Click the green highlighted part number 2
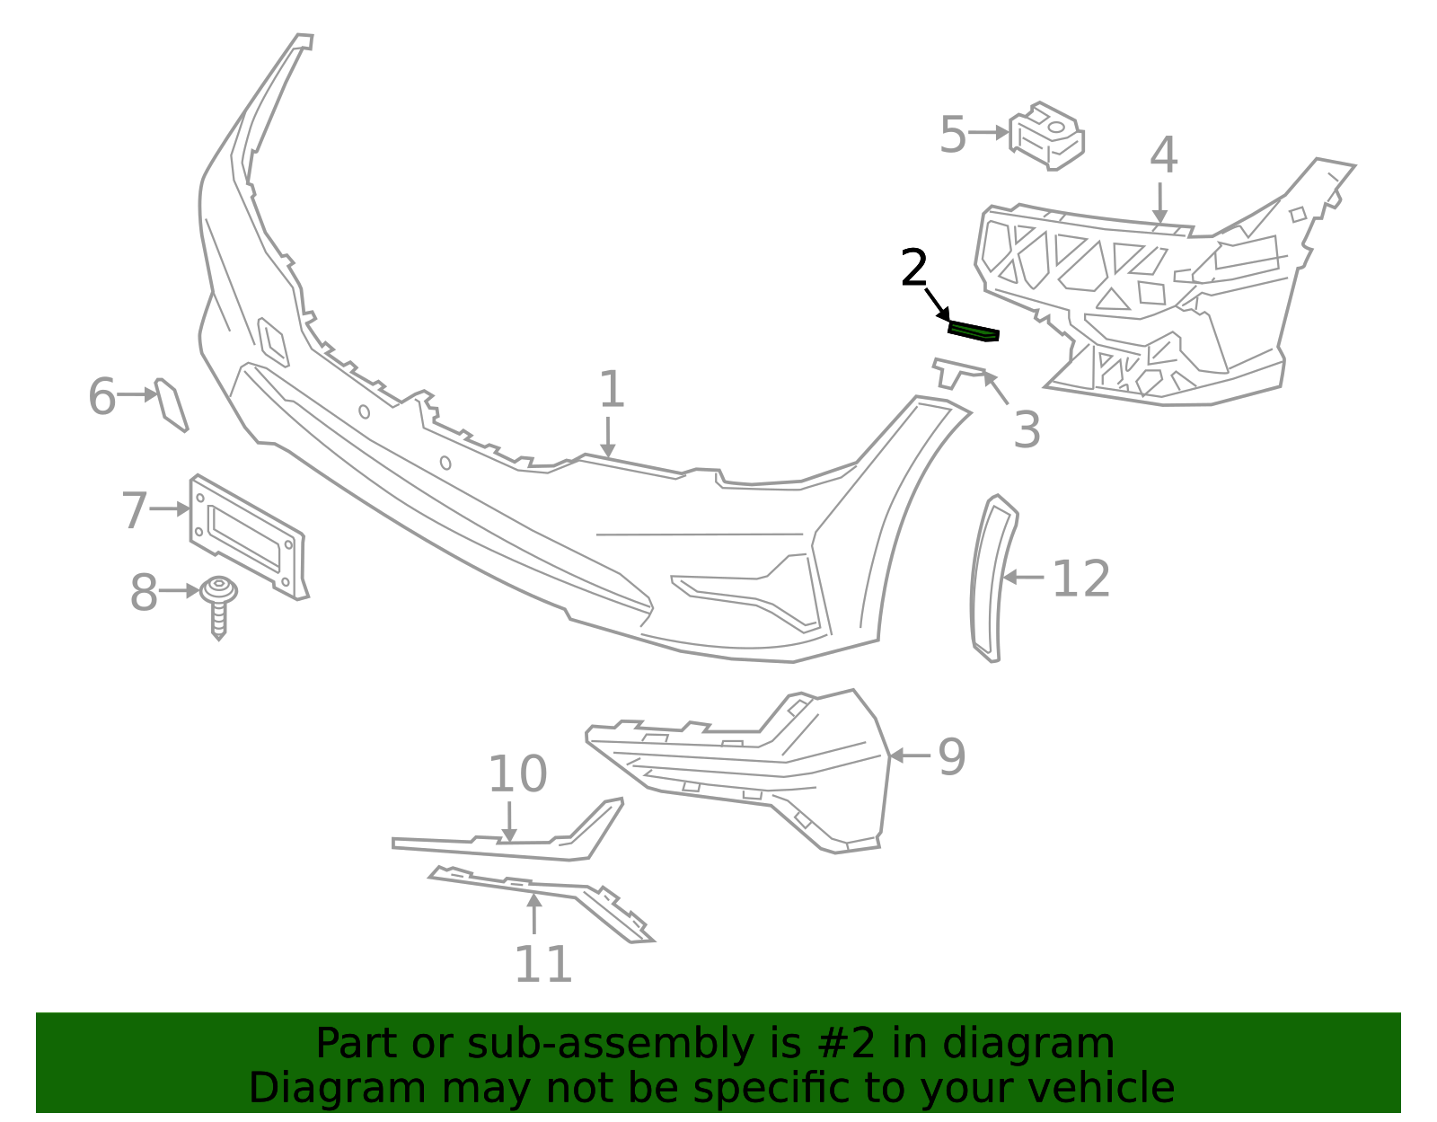(974, 331)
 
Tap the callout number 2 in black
(913, 269)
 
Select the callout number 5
(952, 135)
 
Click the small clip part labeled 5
(1047, 136)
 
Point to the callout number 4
(1163, 155)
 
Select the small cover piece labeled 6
(171, 405)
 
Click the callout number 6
(101, 396)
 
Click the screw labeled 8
(218, 604)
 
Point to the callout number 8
(144, 593)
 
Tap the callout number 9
(951, 756)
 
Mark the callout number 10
(517, 773)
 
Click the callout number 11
(542, 965)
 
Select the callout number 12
(1080, 579)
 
